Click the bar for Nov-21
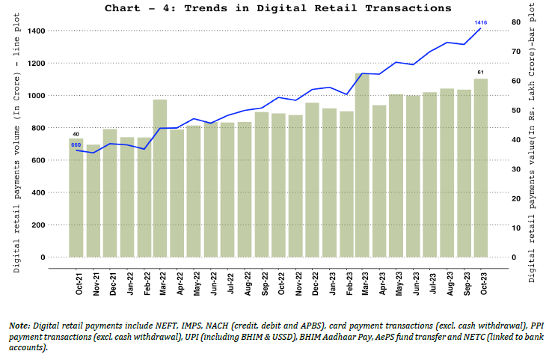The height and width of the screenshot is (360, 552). tap(93, 202)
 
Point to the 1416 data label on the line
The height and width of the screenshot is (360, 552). tap(481, 23)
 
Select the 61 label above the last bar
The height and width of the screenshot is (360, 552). tap(480, 72)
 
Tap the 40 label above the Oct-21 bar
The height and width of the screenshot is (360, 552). tap(76, 134)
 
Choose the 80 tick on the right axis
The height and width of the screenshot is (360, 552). tap(516, 22)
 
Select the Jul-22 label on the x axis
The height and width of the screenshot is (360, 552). tap(230, 280)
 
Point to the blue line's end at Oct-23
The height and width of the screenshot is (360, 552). tap(480, 28)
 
